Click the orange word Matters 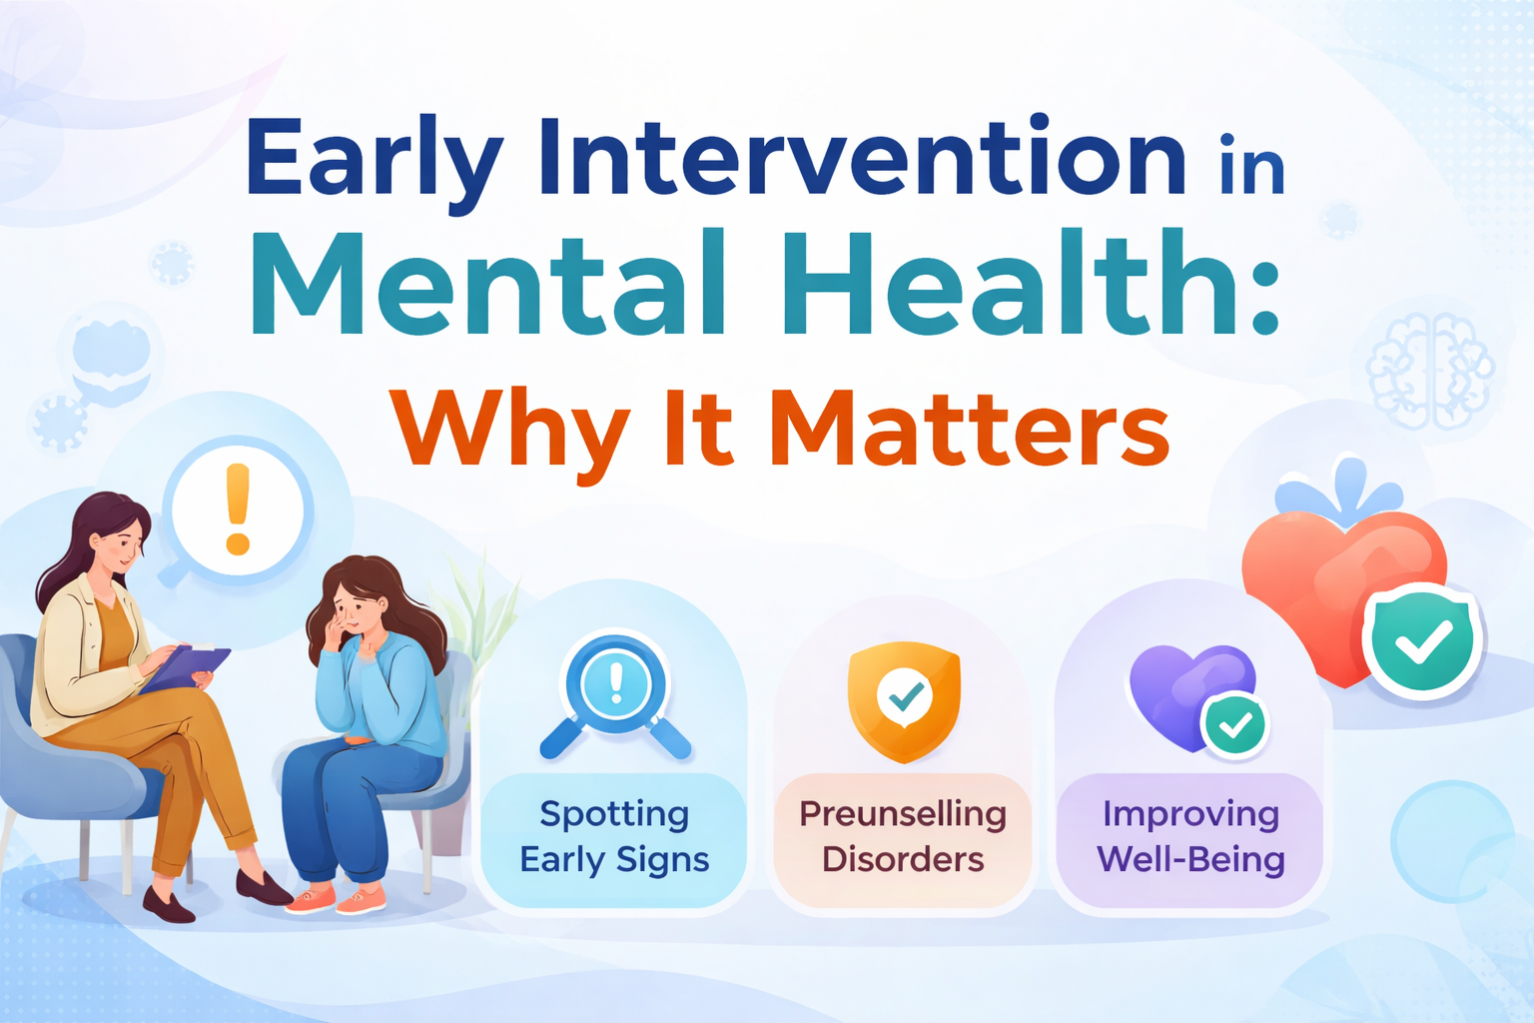(969, 430)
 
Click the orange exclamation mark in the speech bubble (238, 510)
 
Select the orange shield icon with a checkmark (904, 699)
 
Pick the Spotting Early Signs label (614, 837)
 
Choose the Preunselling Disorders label (903, 837)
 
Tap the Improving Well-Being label (1190, 837)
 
